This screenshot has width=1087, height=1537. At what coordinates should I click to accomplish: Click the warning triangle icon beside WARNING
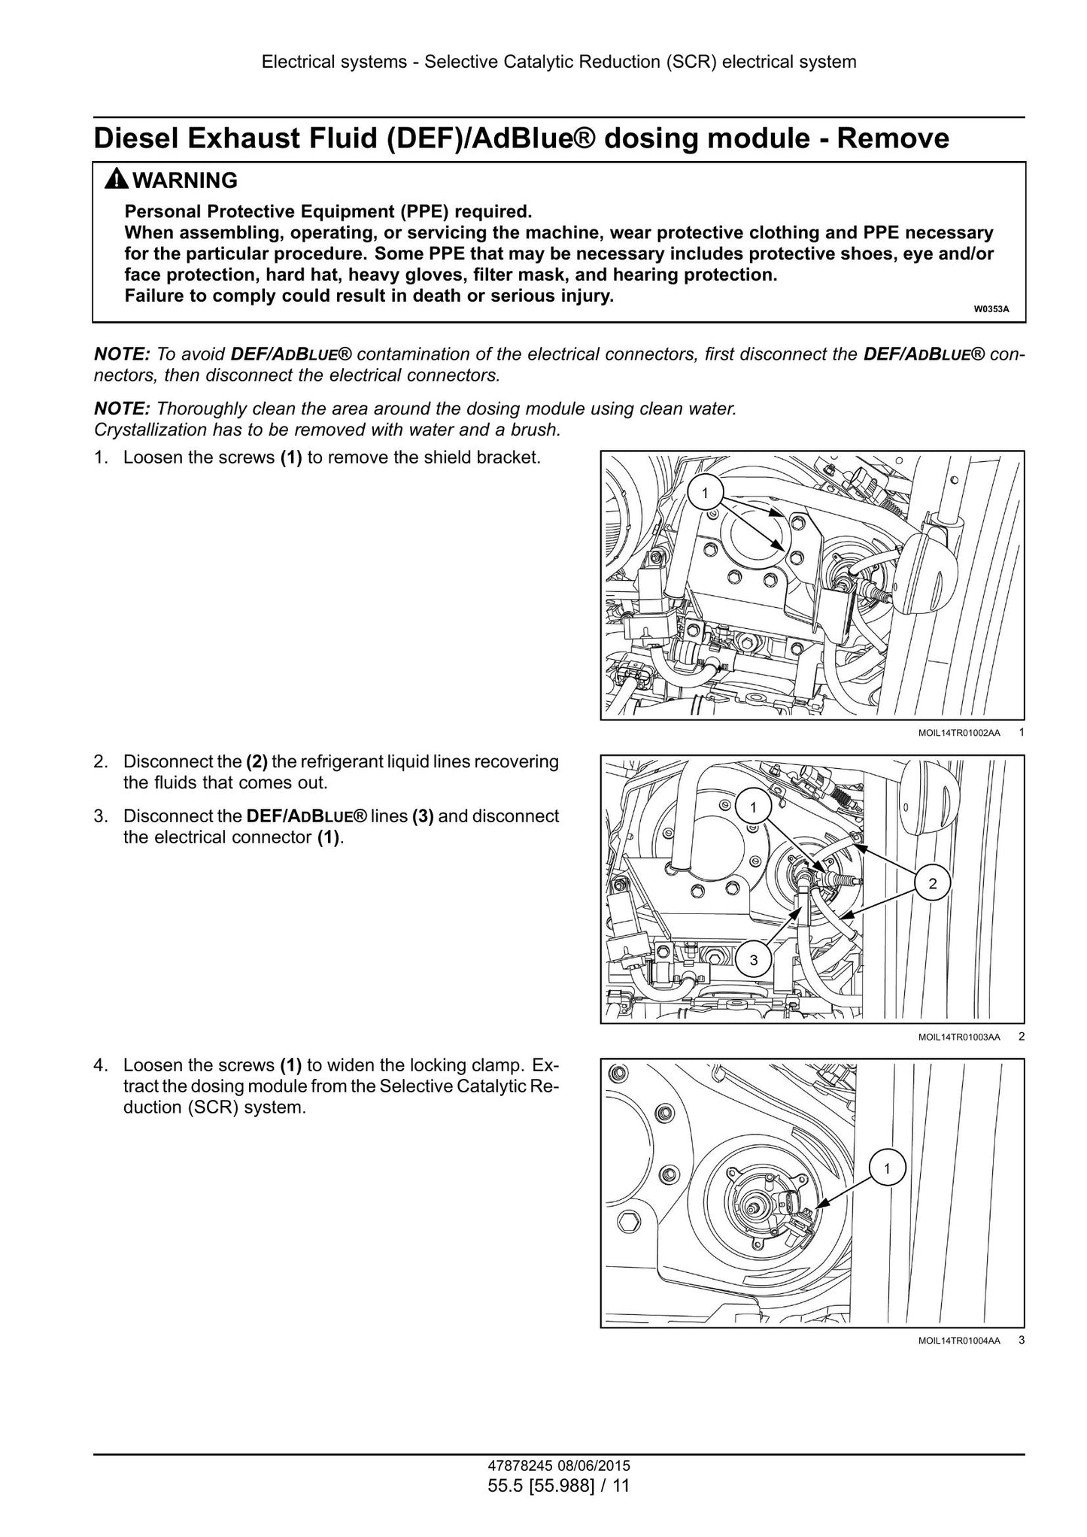coord(117,181)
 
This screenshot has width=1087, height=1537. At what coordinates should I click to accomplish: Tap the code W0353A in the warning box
coord(991,309)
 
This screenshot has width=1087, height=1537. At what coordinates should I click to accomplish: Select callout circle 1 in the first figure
coord(705,493)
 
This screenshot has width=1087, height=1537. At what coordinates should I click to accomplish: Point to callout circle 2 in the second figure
coord(933,884)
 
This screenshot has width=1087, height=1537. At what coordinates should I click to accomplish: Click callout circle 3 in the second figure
coord(754,960)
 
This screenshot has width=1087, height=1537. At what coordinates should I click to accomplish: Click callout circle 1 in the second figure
coord(754,808)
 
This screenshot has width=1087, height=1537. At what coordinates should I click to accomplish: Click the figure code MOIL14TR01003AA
coord(959,1037)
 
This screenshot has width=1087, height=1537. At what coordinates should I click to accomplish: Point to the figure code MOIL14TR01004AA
coord(959,1340)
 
